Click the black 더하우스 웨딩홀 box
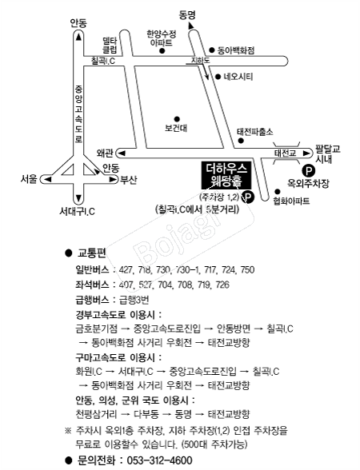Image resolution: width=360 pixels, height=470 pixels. [x=226, y=175]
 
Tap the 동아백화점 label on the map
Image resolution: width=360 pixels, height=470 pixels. [x=236, y=50]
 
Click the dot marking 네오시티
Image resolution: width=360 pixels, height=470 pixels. [x=218, y=77]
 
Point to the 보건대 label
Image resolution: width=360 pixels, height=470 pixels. [x=176, y=128]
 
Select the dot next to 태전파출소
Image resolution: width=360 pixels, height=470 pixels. [x=240, y=141]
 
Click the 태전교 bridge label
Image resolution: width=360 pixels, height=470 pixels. [x=286, y=153]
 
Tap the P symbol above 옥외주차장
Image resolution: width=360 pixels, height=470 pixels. [x=309, y=171]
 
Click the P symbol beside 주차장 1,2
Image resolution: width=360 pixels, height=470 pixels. [x=248, y=197]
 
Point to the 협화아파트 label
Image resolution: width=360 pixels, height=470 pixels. [x=291, y=201]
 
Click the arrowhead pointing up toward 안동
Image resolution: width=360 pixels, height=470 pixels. [x=78, y=37]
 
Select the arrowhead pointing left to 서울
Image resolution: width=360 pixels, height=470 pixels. [x=48, y=179]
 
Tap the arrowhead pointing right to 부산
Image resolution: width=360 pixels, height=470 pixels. [x=113, y=179]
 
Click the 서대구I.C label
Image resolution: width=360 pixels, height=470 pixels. [x=77, y=211]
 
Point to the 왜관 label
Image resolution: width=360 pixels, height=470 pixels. [x=105, y=153]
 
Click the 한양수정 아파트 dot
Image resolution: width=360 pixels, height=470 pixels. [x=162, y=50]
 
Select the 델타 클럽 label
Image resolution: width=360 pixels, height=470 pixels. [x=110, y=45]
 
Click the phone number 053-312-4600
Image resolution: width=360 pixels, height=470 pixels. [x=160, y=460]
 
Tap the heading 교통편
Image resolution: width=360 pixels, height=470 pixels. [x=92, y=253]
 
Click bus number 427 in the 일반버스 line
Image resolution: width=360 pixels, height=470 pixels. [x=126, y=270]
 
